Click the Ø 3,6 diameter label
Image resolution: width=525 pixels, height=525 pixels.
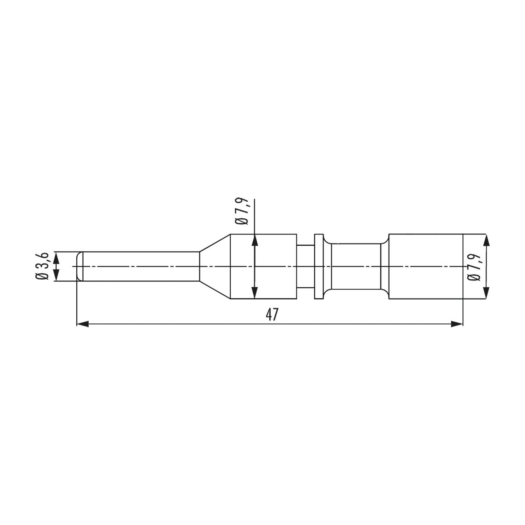pyautogui.click(x=44, y=266)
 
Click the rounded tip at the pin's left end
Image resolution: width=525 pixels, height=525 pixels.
pyautogui.click(x=80, y=266)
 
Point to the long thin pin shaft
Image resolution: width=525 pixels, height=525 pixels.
pyautogui.click(x=140, y=266)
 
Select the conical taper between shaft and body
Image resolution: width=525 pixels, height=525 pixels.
pyautogui.click(x=215, y=266)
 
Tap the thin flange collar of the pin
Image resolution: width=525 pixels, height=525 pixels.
pyautogui.click(x=318, y=266)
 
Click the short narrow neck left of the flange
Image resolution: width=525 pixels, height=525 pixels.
pyautogui.click(x=305, y=266)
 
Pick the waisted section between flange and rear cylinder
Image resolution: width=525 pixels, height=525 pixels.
pyautogui.click(x=355, y=266)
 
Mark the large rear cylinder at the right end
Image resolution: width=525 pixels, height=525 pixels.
pyautogui.click(x=425, y=266)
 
